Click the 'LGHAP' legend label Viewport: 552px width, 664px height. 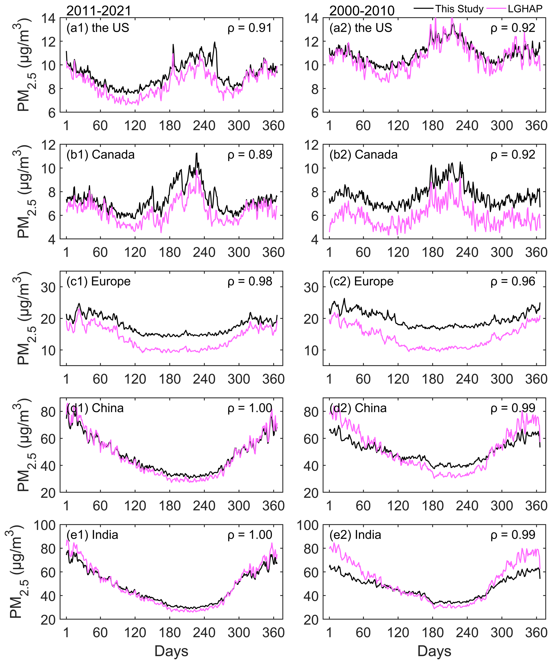tap(525, 9)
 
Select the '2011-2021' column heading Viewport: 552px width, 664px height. tap(99, 11)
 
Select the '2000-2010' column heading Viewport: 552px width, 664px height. tap(362, 11)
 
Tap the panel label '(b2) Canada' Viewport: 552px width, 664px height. tap(363, 155)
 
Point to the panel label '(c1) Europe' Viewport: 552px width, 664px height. tap(98, 281)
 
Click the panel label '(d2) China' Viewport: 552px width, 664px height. tap(358, 408)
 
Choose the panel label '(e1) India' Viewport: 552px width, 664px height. tap(92, 535)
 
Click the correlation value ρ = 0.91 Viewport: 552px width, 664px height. tap(249, 28)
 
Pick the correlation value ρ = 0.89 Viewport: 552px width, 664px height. tap(249, 155)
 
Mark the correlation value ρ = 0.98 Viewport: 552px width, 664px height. tap(249, 281)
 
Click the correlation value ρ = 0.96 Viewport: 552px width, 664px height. tap(513, 281)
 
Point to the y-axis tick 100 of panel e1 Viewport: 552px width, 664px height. tap(45, 526)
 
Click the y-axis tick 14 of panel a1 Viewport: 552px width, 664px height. tap(48, 18)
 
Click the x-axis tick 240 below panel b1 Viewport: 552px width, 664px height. tap(204, 252)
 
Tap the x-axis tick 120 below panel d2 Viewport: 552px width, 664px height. tap(398, 506)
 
